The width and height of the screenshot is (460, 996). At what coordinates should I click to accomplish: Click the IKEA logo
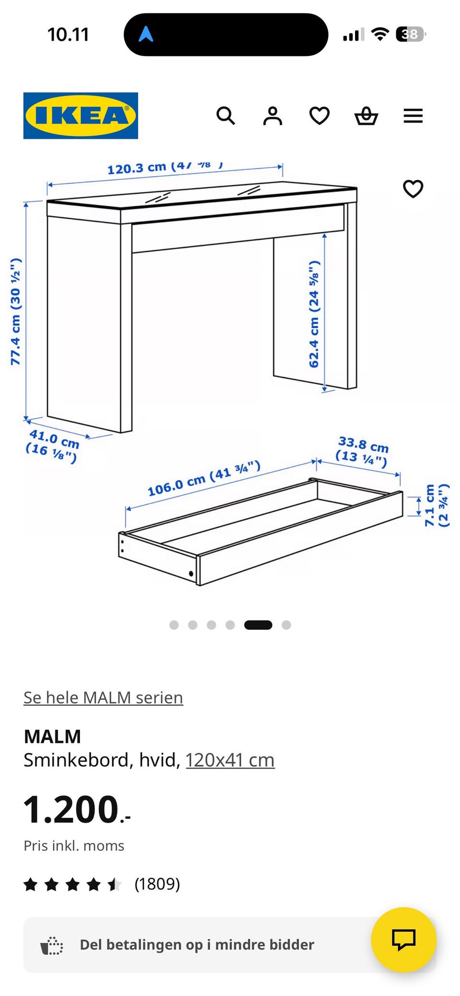point(80,116)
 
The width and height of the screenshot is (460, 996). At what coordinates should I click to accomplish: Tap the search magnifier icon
point(225,116)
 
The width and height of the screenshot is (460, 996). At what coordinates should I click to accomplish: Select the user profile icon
point(272,116)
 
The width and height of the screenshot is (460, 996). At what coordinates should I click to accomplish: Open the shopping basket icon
point(366,116)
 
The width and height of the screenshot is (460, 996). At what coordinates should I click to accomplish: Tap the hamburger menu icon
point(413,116)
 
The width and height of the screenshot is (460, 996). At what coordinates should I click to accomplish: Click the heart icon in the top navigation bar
point(319,116)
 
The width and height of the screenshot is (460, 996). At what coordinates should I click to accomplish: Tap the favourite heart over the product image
point(413,189)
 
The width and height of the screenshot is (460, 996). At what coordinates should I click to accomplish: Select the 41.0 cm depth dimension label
point(53,445)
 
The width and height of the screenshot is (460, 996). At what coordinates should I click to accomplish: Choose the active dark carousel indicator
point(258,625)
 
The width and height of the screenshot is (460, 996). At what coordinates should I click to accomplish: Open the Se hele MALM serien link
point(103,697)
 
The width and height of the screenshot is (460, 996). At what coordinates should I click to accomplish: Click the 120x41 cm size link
point(230,760)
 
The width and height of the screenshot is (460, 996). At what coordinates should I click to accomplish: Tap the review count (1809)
point(157,884)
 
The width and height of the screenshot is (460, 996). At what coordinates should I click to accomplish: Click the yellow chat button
point(403,939)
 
